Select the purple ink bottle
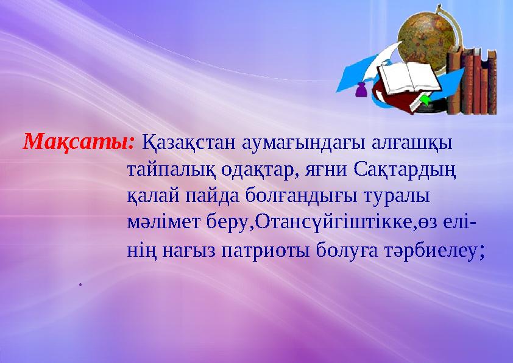[361, 90]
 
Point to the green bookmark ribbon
[425, 99]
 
